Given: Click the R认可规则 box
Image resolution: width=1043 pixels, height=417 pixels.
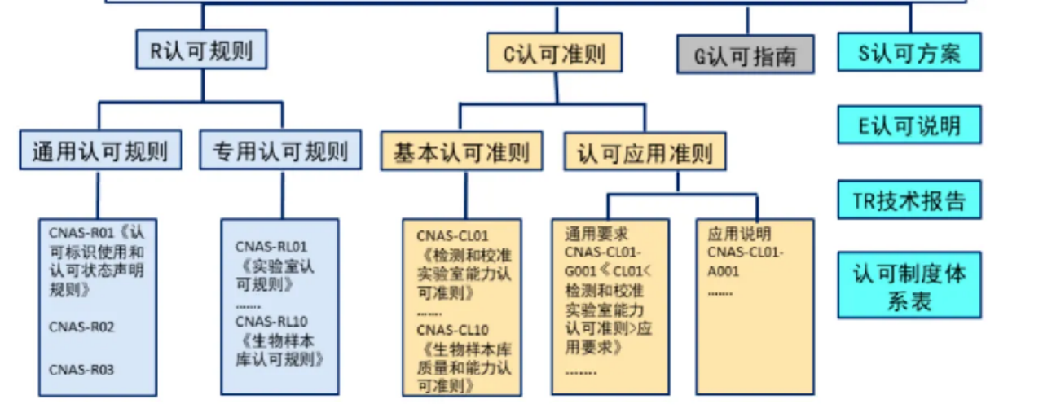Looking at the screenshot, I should pos(200,50).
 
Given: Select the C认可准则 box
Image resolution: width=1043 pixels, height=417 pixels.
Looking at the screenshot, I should pos(554,54).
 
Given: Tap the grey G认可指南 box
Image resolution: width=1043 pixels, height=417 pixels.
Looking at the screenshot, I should pos(746,55).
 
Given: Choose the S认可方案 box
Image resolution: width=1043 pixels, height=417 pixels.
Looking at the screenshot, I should pos(909,54).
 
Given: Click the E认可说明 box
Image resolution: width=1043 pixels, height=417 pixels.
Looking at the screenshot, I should pos(909,125).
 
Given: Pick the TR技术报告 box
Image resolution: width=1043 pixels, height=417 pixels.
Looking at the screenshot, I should pos(909,200).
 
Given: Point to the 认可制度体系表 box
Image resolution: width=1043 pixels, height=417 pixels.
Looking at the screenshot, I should pos(909,286).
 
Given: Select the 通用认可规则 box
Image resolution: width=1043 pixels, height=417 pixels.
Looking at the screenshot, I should pos(100,151).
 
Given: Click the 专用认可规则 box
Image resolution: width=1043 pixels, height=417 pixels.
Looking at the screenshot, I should pos(280,151).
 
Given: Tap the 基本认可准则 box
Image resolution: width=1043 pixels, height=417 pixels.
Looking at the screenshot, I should pos(462,151).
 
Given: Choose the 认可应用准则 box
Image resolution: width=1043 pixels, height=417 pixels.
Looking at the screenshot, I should pos(645,152).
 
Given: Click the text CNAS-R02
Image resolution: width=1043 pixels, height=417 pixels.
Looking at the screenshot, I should pos(81,327).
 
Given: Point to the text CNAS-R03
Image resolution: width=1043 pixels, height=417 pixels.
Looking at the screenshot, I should pos(81,370).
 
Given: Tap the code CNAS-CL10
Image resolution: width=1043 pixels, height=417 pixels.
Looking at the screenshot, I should pos(453,330).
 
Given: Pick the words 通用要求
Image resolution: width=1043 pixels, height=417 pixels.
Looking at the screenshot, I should pos(596,234).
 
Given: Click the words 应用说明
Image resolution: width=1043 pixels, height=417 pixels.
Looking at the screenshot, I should pos(739,234).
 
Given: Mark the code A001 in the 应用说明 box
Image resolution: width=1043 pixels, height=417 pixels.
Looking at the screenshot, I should pos(724,271).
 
